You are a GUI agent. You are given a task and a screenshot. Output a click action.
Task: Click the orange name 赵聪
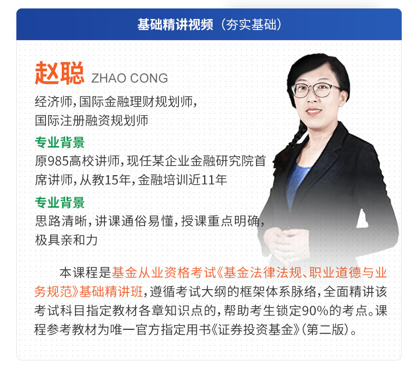pyautogui.click(x=60, y=73)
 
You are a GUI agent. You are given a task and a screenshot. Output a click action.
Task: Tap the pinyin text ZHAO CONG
pyautogui.click(x=129, y=78)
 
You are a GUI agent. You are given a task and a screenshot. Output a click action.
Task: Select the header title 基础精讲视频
pyautogui.click(x=175, y=24)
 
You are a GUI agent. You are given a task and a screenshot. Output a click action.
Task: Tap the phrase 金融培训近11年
pyautogui.click(x=183, y=180)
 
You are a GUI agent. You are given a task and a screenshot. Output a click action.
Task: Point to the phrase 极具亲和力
pyautogui.click(x=66, y=240)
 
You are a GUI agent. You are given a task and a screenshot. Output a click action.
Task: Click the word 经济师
pyautogui.click(x=53, y=101)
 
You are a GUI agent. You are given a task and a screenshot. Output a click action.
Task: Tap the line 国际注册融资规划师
pyautogui.click(x=91, y=120)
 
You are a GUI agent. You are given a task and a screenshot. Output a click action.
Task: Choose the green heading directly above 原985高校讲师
pyautogui.click(x=60, y=142)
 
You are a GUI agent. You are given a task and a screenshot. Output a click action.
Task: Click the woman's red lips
pyautogui.click(x=314, y=111)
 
